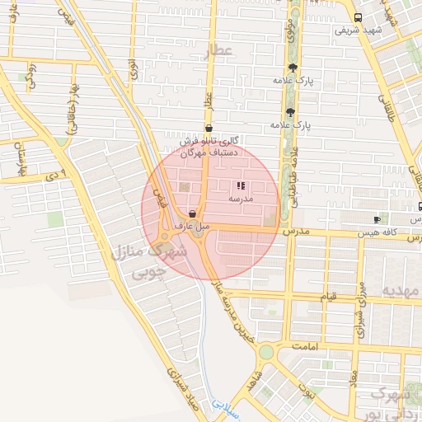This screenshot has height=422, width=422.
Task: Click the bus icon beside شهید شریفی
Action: coord(357,17)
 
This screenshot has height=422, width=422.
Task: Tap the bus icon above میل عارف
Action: coord(192,213)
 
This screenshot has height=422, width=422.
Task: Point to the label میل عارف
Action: coord(192,225)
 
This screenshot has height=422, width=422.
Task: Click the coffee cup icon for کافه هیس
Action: coord(377,219)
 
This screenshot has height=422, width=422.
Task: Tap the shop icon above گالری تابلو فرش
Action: coord(208,129)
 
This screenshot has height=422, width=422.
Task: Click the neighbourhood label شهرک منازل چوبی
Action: coord(140,260)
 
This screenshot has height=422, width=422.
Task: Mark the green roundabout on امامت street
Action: coord(265,352)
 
